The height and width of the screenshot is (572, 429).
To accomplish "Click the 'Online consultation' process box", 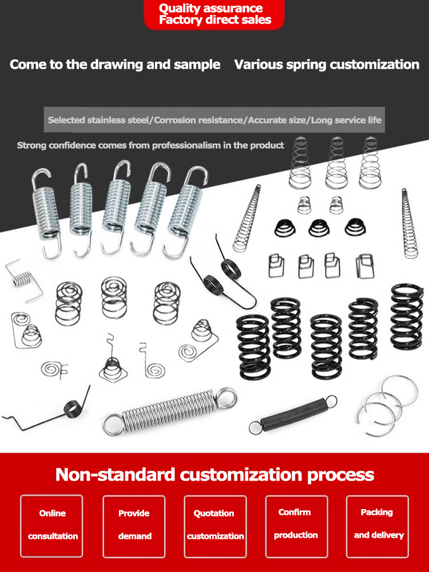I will pyautogui.click(x=52, y=525).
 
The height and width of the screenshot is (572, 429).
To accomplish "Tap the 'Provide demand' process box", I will pyautogui.click(x=134, y=525).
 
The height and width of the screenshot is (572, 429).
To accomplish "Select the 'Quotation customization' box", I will pyautogui.click(x=215, y=525).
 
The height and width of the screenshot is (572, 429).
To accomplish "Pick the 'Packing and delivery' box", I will pyautogui.click(x=378, y=524).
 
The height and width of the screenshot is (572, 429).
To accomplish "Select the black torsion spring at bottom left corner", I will pyautogui.click(x=70, y=407).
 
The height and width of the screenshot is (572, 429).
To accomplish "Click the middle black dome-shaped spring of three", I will pyautogui.click(x=319, y=228).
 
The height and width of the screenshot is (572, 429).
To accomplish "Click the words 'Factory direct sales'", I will pyautogui.click(x=214, y=21).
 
